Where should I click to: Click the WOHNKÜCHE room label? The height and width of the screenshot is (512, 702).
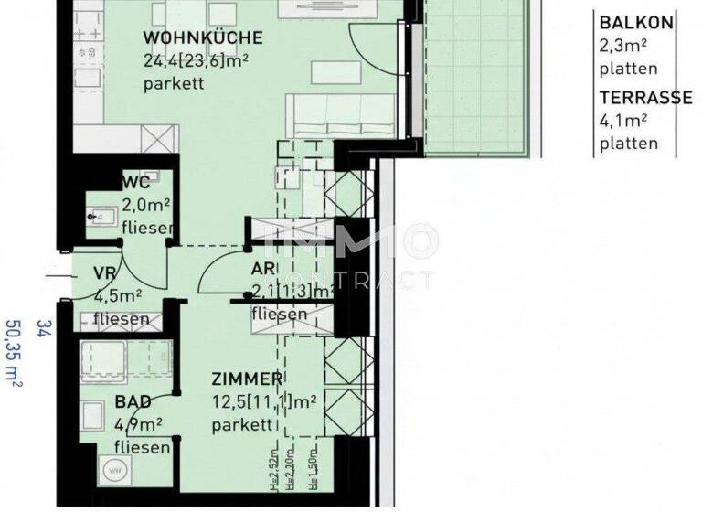(203, 38)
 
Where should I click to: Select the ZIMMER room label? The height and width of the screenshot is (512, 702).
(247, 379)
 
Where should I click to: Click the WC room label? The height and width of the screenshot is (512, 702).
(135, 183)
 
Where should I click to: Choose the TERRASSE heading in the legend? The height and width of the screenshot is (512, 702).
(644, 98)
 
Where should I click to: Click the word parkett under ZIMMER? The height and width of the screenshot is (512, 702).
(241, 425)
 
